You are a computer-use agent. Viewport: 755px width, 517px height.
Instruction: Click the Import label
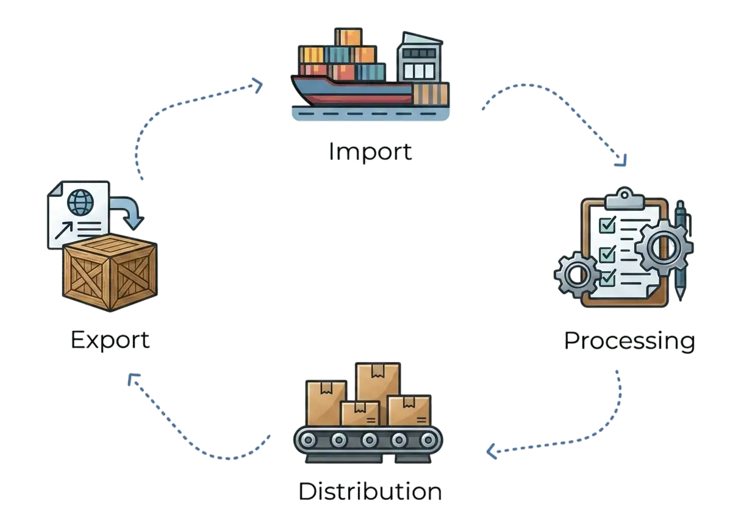click(x=370, y=152)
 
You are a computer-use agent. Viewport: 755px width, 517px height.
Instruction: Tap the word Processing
click(x=629, y=341)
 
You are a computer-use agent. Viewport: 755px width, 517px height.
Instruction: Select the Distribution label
click(x=370, y=491)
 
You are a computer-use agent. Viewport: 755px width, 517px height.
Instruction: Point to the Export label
click(x=110, y=340)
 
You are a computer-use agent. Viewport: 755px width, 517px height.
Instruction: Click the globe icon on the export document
click(x=81, y=202)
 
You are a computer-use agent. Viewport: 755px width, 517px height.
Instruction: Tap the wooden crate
click(x=110, y=273)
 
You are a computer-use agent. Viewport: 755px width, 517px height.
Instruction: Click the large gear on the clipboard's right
click(x=664, y=248)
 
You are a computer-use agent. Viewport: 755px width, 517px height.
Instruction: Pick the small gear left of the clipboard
click(x=577, y=275)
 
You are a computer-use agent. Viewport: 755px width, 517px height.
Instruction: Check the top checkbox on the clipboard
click(x=607, y=225)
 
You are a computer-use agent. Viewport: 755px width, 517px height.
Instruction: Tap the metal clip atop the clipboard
click(x=624, y=199)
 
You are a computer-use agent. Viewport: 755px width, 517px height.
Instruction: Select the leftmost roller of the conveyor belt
click(x=308, y=440)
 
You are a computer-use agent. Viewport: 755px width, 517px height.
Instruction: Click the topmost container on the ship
click(x=348, y=37)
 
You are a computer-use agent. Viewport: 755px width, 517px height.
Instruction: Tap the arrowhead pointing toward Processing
click(x=621, y=160)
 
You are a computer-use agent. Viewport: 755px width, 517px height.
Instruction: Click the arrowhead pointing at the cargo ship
click(x=257, y=85)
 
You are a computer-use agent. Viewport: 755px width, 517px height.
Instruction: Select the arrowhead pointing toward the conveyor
click(x=492, y=451)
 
